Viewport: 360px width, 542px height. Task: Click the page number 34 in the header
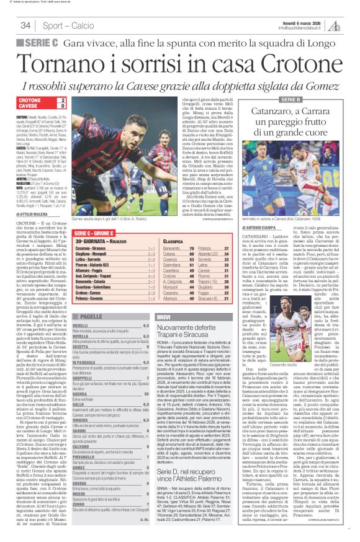pos(26,25)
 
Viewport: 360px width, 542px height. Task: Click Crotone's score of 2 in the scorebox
pos(63,100)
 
